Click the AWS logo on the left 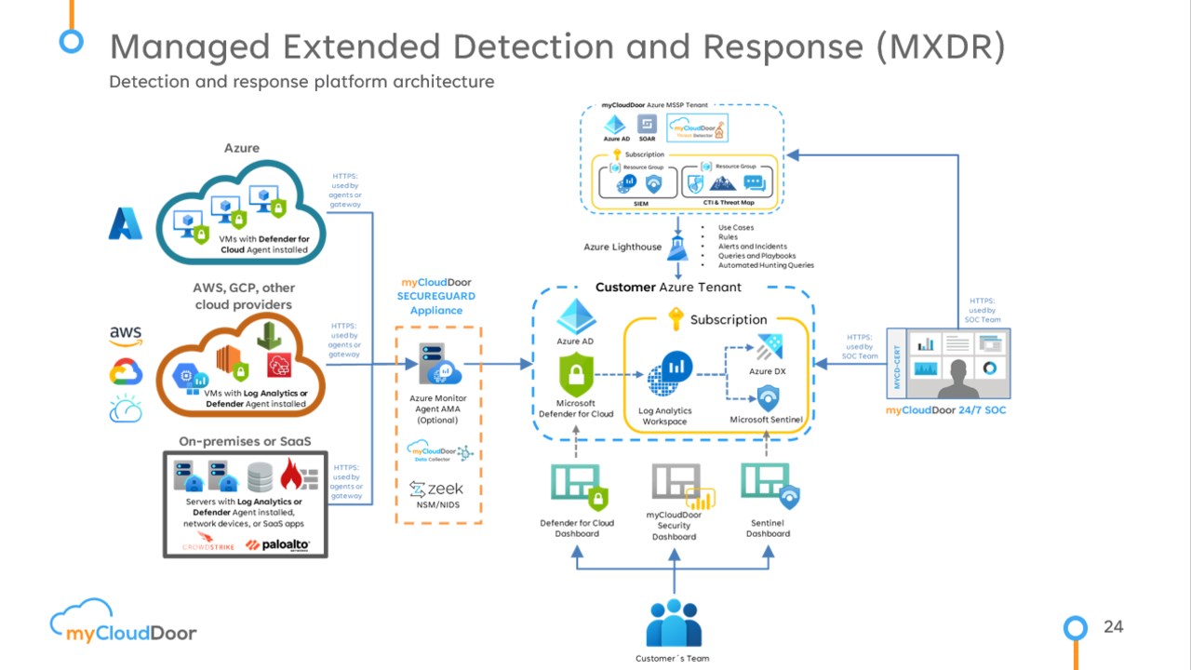coord(126,334)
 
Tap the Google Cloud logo coord(126,372)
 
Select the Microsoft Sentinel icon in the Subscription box coord(767,397)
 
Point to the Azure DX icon coord(768,349)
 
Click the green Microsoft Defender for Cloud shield coord(576,378)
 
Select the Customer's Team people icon coord(673,623)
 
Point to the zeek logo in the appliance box coord(437,489)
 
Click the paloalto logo coord(278,544)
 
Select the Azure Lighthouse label coord(622,247)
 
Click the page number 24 coord(1113,627)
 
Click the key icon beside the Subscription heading coord(676,319)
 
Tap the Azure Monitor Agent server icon coord(435,366)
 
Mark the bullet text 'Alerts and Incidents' coord(753,247)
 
